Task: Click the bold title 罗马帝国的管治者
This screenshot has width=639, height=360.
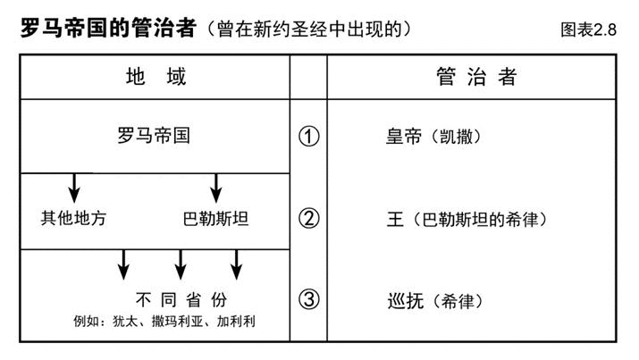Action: (108, 29)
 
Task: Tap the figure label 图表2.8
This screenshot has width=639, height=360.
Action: (588, 29)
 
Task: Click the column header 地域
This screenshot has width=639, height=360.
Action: (156, 77)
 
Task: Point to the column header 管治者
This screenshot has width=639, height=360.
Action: (477, 77)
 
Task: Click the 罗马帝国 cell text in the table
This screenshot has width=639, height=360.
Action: (154, 135)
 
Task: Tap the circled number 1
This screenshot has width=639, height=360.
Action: (309, 137)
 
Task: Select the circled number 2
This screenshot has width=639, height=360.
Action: (309, 218)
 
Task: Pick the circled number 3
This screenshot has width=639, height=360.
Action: (309, 300)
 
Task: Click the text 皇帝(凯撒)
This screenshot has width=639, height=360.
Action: (433, 137)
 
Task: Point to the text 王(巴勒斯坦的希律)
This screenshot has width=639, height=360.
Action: (467, 220)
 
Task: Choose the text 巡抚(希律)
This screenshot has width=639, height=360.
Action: (435, 301)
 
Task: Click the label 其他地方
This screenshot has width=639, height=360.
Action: (73, 218)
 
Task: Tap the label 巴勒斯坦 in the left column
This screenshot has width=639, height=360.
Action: (215, 219)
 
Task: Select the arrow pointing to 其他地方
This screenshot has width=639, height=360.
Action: (74, 188)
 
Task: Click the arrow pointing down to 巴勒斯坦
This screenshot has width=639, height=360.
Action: (216, 188)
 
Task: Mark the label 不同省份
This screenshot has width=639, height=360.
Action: (181, 300)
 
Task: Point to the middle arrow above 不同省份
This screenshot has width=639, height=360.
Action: (181, 264)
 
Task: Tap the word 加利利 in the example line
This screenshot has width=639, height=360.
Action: (236, 322)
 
